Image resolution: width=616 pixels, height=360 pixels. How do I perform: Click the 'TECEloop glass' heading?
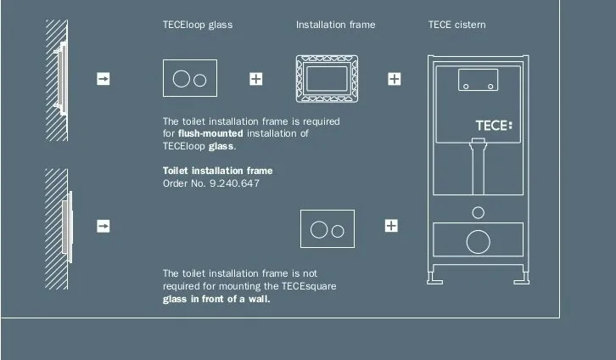pos(198,25)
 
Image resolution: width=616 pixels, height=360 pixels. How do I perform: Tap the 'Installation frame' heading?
pos(335,25)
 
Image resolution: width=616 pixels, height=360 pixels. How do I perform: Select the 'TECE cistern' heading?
pos(456,25)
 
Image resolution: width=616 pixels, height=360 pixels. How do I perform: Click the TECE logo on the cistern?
pos(494,126)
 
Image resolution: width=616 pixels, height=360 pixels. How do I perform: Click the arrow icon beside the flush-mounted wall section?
pos(104,79)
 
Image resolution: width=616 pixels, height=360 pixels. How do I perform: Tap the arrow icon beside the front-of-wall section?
pos(104,226)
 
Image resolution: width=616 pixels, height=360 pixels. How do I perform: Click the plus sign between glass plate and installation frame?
pos(255,79)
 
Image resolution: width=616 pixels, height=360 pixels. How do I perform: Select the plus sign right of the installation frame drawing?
pos(394,79)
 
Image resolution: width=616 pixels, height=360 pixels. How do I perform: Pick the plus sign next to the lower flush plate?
pos(391,226)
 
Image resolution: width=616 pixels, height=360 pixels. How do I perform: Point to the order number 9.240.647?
pos(234,183)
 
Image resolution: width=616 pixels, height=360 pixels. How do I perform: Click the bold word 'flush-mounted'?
pos(210,133)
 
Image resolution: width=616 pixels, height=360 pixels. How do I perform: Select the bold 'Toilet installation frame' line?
pos(218,171)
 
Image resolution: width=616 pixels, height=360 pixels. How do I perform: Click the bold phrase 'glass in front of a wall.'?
pos(216,299)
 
